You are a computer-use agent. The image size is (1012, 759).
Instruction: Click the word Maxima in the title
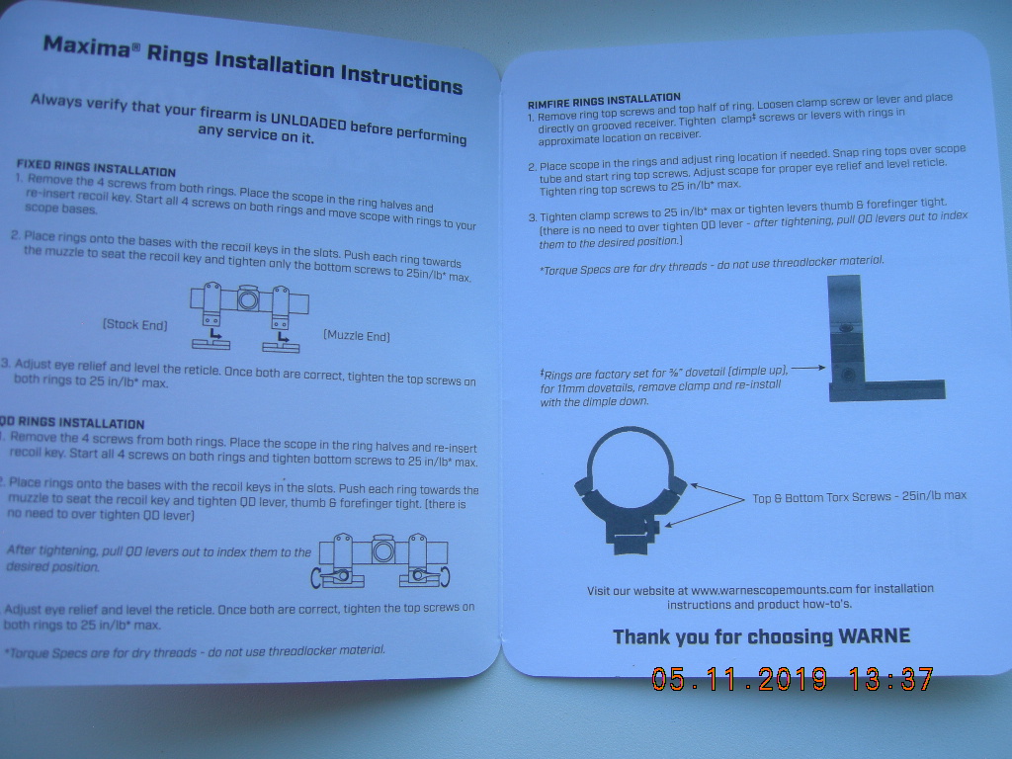tap(88, 46)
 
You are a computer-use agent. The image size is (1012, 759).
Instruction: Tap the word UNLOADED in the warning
tap(308, 121)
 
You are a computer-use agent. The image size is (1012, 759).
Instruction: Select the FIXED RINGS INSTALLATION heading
tap(96, 168)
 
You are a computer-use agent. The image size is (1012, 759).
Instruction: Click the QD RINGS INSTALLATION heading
tap(71, 423)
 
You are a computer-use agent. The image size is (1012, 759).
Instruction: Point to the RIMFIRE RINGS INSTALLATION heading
tap(604, 101)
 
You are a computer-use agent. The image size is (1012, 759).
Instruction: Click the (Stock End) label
tap(134, 324)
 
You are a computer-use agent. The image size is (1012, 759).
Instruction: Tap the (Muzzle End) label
tap(356, 336)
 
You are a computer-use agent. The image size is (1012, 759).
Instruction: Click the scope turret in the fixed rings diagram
tap(248, 298)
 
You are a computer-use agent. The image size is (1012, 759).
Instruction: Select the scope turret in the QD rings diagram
tap(382, 550)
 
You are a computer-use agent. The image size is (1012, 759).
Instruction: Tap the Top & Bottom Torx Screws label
tap(859, 496)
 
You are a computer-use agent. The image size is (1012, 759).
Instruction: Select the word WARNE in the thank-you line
tap(874, 636)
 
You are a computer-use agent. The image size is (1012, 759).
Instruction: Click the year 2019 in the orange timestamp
tap(792, 679)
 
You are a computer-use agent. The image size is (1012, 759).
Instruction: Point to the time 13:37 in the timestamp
tap(891, 678)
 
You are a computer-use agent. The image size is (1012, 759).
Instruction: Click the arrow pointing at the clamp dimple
tap(808, 368)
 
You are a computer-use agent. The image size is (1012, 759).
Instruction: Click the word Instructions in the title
tap(401, 78)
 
